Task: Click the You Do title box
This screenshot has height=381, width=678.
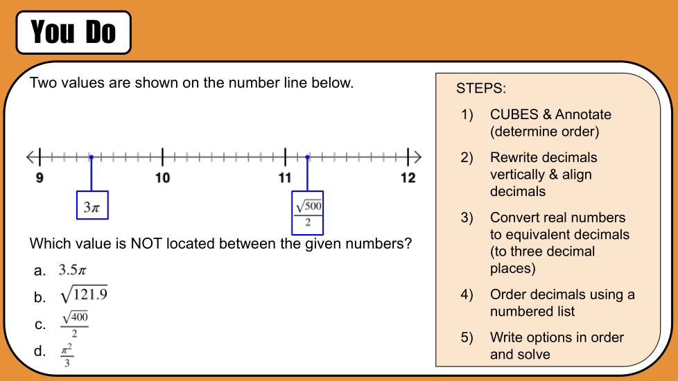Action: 73,33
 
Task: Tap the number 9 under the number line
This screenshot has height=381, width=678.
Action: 40,177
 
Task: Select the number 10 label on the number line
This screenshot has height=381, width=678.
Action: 163,177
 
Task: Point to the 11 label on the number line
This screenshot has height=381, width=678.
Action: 285,177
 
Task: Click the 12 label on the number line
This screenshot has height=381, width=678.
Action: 408,177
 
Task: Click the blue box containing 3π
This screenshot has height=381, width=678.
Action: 92,205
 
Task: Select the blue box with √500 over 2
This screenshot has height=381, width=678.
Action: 307,213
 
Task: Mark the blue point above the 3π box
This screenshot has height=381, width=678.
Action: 92,157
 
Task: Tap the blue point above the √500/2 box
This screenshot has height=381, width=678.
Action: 307,157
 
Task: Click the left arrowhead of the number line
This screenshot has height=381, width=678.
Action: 30,157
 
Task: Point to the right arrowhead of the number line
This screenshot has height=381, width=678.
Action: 417,157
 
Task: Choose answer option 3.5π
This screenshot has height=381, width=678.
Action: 73,270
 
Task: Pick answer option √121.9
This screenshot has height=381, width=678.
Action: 84,294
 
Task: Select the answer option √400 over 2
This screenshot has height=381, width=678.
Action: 74,324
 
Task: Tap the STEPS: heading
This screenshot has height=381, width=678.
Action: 481,89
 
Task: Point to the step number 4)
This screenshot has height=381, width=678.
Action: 467,294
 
